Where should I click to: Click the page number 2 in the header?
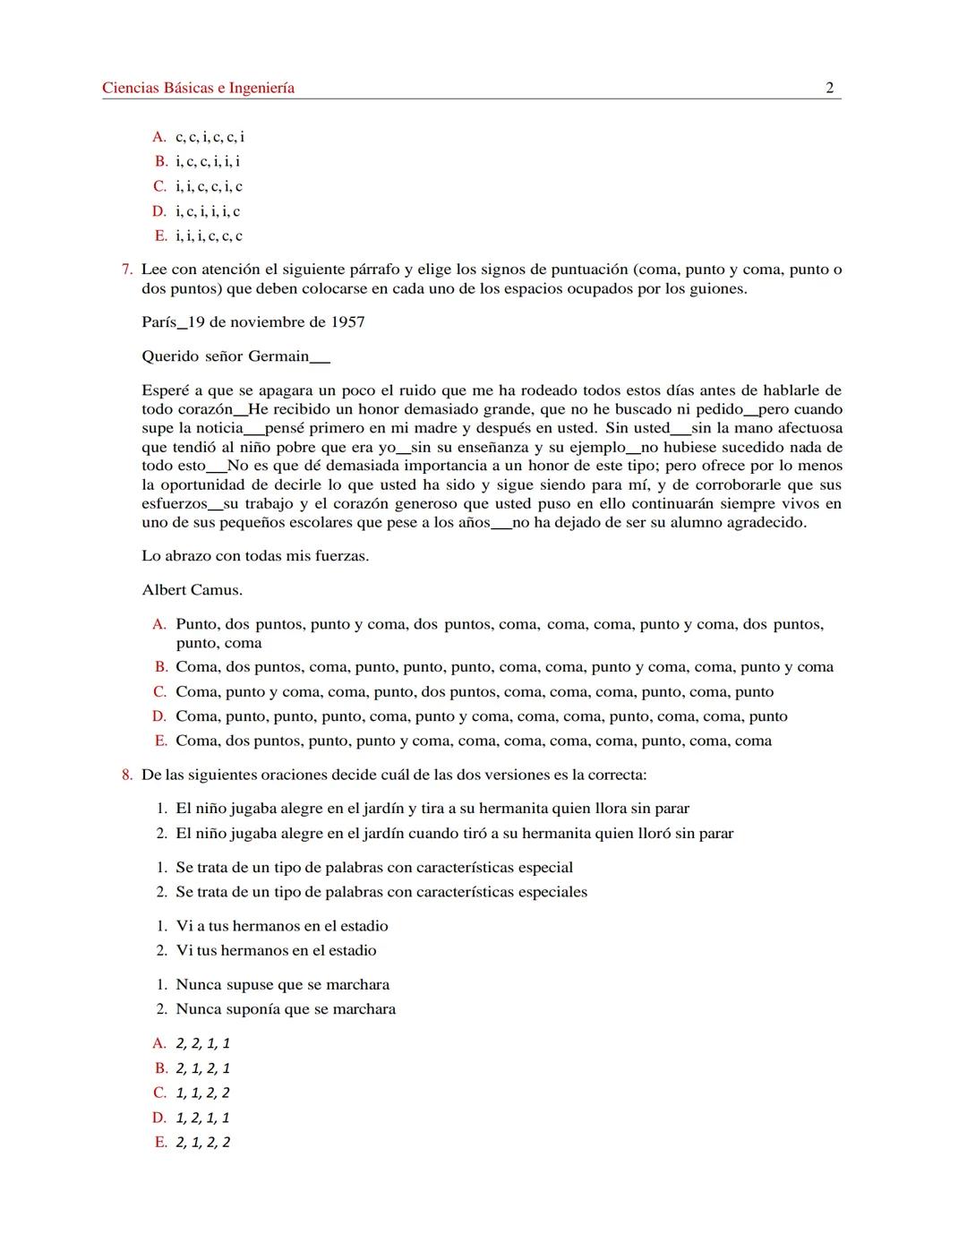click(829, 88)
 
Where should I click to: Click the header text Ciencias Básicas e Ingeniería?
click(198, 88)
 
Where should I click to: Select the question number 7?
click(126, 270)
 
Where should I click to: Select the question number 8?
click(126, 775)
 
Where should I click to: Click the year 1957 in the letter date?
click(347, 322)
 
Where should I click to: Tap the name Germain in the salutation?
click(278, 356)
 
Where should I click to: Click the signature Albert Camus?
click(192, 590)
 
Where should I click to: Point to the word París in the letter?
click(158, 322)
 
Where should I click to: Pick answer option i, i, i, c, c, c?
click(209, 236)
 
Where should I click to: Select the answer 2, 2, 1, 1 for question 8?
click(202, 1043)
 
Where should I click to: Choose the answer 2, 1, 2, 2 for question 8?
click(202, 1143)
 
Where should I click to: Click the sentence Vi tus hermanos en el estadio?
click(276, 951)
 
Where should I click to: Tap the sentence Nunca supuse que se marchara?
click(282, 985)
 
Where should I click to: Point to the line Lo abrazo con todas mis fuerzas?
click(255, 556)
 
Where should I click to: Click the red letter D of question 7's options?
click(159, 716)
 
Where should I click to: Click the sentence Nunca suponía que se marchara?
click(286, 1009)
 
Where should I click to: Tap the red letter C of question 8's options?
click(159, 1093)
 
